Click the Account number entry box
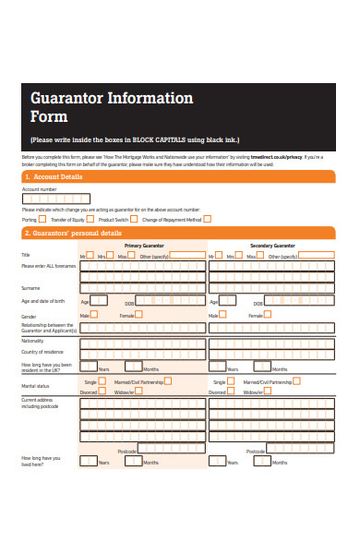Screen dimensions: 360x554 (56, 198)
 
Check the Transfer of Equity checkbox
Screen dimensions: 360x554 (91, 219)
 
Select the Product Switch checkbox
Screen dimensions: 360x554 (135, 219)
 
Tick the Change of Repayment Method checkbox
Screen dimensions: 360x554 (207, 219)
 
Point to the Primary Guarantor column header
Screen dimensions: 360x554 (145, 246)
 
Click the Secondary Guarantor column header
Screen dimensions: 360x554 (273, 246)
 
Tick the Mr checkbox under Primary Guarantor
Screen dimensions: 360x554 (91, 256)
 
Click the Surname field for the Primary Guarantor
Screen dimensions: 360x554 (143, 289)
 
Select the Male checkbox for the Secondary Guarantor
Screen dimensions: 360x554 (224, 315)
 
